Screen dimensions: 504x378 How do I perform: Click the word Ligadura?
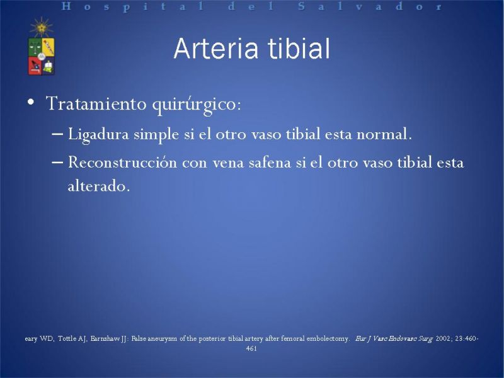pyautogui.click(x=99, y=134)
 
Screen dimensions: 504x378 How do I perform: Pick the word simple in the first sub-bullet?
pyautogui.click(x=156, y=134)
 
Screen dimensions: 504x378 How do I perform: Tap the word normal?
pyautogui.click(x=384, y=134)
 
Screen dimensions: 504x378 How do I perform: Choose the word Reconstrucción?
pyautogui.click(x=122, y=162)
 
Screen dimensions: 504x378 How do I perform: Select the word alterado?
pyautogui.click(x=99, y=186)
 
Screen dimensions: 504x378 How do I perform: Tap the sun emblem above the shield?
pyautogui.click(x=42, y=27)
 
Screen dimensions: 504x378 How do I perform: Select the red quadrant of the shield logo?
pyautogui.click(x=35, y=66)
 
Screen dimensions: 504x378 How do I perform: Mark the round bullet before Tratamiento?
pyautogui.click(x=31, y=102)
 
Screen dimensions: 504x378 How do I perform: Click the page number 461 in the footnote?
pyautogui.click(x=251, y=348)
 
